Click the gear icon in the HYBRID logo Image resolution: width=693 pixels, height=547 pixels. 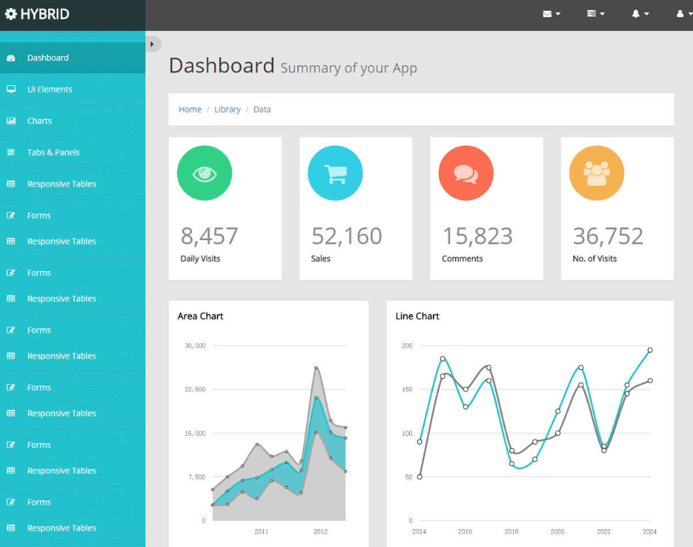[x=11, y=14]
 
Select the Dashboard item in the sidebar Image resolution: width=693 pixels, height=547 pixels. [x=48, y=58]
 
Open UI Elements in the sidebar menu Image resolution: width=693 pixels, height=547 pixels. [x=49, y=90]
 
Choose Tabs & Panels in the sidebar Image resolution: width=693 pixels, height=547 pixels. [x=53, y=153]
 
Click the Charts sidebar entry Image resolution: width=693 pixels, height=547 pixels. [x=39, y=121]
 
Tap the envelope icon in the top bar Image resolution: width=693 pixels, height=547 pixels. [x=548, y=14]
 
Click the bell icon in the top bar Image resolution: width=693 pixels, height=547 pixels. [x=636, y=14]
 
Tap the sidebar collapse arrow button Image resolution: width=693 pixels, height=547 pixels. [x=152, y=44]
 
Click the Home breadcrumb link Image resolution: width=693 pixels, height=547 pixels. [x=190, y=110]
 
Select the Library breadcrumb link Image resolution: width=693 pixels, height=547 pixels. [x=227, y=110]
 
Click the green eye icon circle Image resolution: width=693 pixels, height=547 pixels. [x=204, y=173]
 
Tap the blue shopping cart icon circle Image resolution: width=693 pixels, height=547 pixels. [x=335, y=173]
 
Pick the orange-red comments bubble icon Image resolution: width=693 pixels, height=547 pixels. [x=466, y=173]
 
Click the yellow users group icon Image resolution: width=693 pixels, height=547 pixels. [x=596, y=173]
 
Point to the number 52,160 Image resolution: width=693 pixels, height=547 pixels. [x=347, y=236]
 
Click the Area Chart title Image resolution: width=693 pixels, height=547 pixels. [x=201, y=316]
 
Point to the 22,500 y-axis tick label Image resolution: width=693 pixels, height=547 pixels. [x=195, y=389]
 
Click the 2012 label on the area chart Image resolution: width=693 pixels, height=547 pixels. [x=320, y=531]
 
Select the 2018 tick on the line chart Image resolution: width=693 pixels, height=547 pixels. [x=511, y=531]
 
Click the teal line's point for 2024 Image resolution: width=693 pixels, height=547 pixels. [x=650, y=350]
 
